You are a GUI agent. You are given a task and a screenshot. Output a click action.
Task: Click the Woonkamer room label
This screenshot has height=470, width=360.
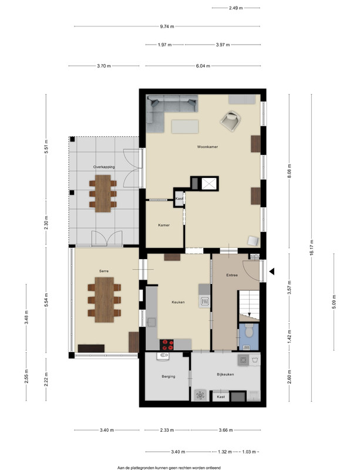pos(207,147)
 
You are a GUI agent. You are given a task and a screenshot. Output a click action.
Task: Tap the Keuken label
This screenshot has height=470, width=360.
pos(178,302)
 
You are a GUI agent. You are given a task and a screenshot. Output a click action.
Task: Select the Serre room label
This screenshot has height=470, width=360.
pos(104,271)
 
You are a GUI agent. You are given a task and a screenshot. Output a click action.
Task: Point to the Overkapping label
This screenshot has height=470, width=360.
pos(104,167)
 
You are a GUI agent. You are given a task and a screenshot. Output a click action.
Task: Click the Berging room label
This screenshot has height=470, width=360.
pos(168,377)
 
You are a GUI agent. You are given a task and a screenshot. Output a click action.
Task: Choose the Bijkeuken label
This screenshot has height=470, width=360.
pos(226,374)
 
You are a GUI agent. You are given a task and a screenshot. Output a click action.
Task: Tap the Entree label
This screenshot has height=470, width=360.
pos(232,275)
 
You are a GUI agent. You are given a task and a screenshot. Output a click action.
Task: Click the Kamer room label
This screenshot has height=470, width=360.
pos(164,225)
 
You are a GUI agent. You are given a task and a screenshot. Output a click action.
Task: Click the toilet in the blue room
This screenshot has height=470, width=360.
pos(249,330)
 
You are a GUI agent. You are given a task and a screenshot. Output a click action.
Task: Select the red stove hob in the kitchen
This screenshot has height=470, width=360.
pos(167,345)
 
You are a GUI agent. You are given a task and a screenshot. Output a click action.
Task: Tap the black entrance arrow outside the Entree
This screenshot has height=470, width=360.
pos(271,271)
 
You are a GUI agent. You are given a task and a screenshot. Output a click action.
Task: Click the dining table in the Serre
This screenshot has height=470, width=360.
pos(105,300)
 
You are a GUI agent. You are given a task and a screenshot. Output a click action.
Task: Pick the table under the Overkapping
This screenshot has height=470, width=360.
pos(103,194)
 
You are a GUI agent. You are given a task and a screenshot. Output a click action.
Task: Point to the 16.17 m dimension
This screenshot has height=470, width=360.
pos(312,247)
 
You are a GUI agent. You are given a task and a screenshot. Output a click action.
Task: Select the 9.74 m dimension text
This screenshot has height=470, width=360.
pos(167,26)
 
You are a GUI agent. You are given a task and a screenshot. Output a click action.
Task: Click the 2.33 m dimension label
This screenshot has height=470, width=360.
pos(167,430)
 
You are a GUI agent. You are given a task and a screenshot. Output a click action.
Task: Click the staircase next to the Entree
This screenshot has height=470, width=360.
pos(249,305)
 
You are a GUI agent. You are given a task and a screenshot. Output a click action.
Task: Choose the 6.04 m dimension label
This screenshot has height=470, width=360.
pos(203,66)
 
